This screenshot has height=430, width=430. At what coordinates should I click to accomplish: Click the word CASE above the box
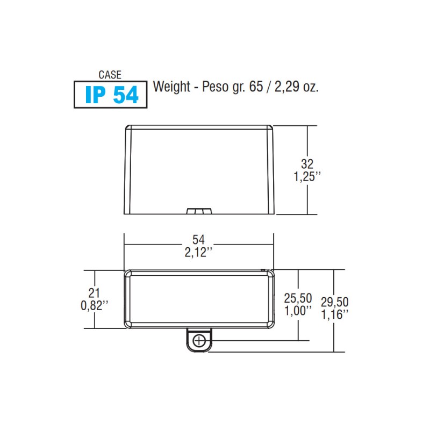(110, 75)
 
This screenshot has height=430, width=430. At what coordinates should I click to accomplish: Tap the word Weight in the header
(170, 87)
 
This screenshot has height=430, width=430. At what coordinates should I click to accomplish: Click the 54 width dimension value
(199, 240)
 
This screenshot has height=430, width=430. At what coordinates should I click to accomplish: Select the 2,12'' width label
(199, 252)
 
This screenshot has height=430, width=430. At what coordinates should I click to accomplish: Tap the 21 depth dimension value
(94, 293)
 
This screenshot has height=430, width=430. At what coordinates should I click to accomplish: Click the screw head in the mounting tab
(199, 340)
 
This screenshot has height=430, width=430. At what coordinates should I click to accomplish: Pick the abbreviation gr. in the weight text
(236, 88)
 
